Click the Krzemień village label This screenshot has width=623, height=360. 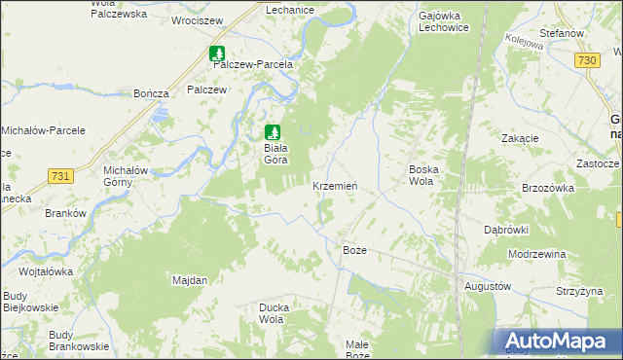click(x=340, y=186)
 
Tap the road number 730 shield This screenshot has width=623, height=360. click(x=586, y=60)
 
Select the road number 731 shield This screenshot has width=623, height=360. click(x=60, y=175)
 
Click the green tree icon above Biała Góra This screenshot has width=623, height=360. click(x=274, y=131)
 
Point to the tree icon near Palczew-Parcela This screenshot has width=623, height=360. click(x=218, y=54)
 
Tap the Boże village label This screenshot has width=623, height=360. click(x=355, y=250)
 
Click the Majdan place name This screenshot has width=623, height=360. click(x=190, y=280)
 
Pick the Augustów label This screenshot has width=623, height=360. click(x=488, y=287)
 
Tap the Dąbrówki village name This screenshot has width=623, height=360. click(x=505, y=230)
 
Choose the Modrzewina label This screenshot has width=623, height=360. click(x=536, y=254)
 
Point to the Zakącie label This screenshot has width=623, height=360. click(x=520, y=138)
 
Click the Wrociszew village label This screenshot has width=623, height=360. click(x=197, y=19)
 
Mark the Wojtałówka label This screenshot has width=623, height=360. click(x=46, y=271)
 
